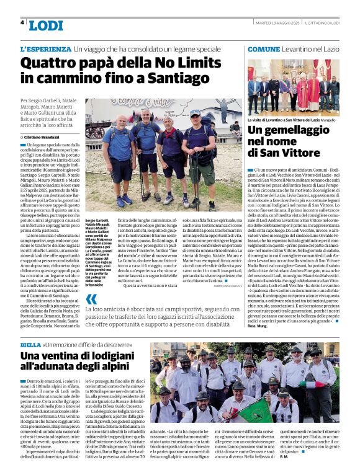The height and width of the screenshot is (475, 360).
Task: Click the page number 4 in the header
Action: [22, 23]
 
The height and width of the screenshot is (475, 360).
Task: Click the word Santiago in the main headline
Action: [197, 78]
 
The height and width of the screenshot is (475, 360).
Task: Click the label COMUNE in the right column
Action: [264, 48]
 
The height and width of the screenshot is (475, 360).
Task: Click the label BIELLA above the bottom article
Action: [30, 344]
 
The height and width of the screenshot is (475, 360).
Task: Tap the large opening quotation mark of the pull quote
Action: [92, 301]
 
